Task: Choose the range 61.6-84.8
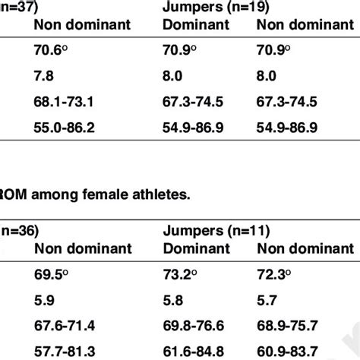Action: pos(199,354)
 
